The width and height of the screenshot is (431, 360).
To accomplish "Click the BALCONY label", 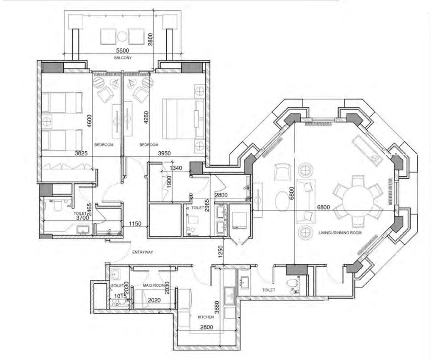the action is point(123,58).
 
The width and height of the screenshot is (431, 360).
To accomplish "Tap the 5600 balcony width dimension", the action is point(122,51).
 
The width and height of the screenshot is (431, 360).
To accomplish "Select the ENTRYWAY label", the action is point(142,252).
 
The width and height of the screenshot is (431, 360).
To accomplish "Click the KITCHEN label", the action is point(206,317).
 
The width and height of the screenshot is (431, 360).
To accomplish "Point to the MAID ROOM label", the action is point(153,285).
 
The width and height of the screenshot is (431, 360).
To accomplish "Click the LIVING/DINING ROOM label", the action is point(340,233).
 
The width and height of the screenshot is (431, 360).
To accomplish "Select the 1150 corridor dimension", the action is point(135,224).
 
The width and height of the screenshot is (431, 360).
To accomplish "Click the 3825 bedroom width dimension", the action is point(81,153).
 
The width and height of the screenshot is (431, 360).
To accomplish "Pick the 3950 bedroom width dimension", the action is point(164,153).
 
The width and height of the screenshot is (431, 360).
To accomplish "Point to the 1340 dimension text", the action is point(176,168).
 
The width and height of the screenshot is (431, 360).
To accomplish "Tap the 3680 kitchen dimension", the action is point(217,308).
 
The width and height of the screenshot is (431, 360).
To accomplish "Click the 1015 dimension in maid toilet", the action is point(120,296).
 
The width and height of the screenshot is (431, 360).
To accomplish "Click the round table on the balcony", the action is point(122,36).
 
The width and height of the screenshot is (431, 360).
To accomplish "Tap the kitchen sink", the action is point(229,296).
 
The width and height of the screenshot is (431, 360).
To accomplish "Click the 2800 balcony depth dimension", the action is point(150,39).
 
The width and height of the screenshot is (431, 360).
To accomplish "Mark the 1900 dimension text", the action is point(169,182).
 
